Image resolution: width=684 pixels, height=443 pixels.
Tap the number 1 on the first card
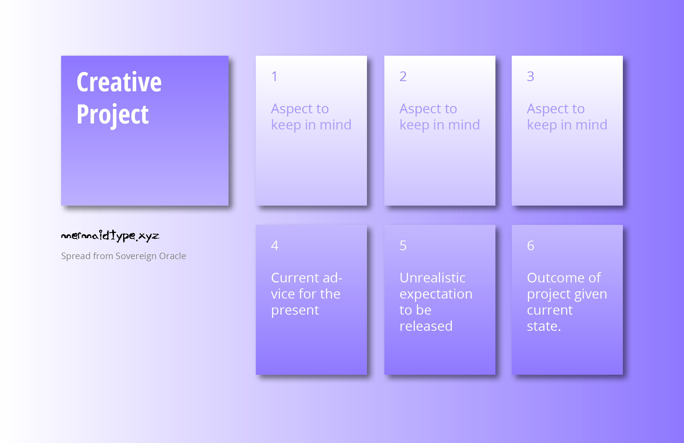[274, 77]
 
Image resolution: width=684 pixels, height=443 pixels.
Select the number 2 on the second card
[403, 77]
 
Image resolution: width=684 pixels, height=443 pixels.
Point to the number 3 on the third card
[531, 77]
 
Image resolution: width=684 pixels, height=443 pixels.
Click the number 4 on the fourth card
[275, 246]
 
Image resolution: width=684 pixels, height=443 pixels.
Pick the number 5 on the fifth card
[403, 246]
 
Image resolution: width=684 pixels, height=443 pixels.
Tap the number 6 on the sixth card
[531, 246]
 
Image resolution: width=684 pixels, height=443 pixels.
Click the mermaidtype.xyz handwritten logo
[110, 236]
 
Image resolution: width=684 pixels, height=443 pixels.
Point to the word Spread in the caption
[72, 256]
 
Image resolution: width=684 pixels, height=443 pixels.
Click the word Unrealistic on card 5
[432, 278]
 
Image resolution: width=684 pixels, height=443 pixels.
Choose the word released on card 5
[426, 326]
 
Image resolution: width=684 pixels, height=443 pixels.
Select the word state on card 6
[543, 326]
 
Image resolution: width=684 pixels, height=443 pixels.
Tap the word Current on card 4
[295, 278]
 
